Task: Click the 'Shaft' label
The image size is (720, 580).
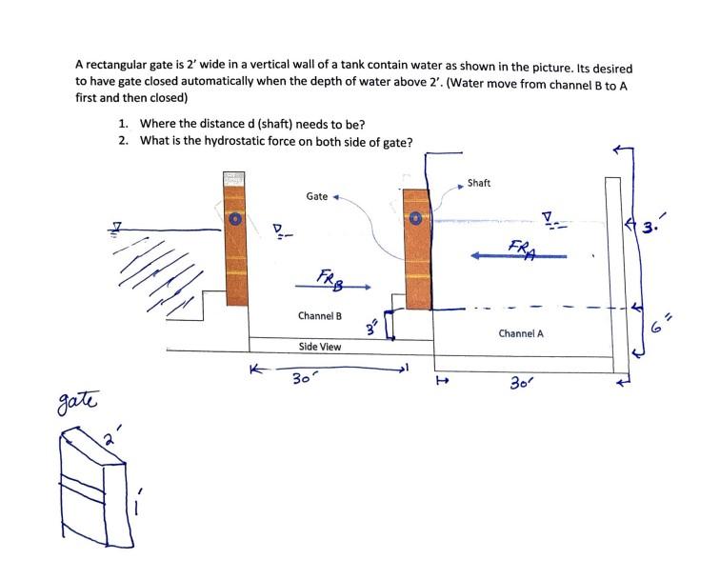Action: click(479, 183)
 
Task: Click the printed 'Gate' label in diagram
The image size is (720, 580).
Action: click(316, 196)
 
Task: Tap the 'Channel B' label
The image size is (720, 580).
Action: click(319, 315)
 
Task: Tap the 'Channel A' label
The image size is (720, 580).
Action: click(521, 333)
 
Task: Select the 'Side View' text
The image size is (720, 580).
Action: click(319, 347)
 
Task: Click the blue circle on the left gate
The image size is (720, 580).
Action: click(234, 218)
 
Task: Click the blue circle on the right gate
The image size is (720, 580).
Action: click(415, 218)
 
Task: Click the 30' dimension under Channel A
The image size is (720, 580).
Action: click(522, 383)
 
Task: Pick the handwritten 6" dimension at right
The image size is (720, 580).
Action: click(658, 326)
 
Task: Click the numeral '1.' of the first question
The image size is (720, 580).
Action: click(124, 124)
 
